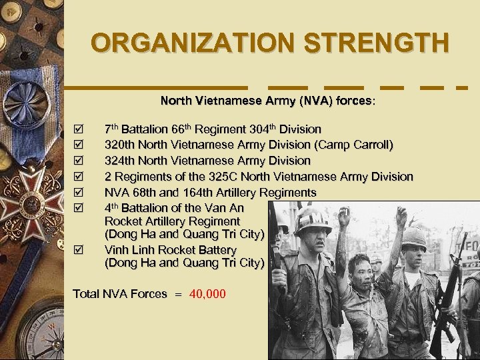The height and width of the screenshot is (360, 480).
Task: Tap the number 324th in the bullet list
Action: [120, 161]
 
